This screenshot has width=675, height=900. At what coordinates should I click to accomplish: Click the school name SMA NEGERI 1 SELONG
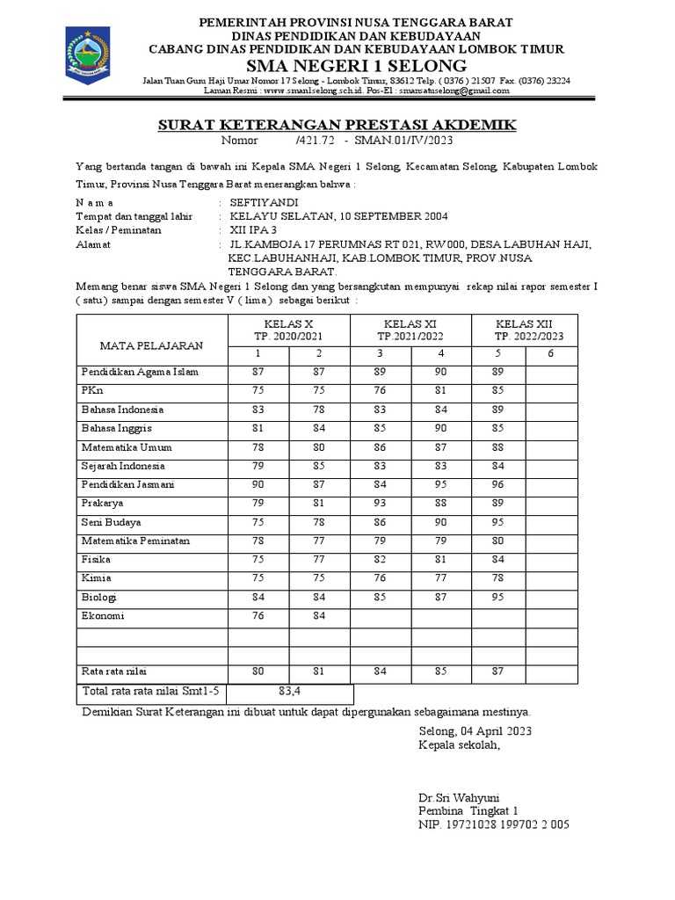coord(357,66)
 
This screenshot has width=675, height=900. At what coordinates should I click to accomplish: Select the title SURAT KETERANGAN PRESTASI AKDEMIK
coord(337,125)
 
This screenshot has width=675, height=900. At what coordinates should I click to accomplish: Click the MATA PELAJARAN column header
coord(150,344)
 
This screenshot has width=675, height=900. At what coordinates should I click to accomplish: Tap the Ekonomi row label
coord(103,616)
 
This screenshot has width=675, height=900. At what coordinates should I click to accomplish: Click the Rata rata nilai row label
coord(115,672)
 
